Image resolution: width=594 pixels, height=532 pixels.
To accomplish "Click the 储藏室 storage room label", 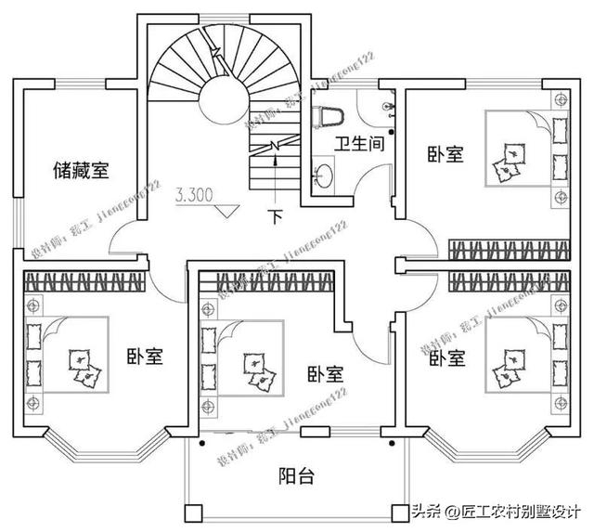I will point(82,170).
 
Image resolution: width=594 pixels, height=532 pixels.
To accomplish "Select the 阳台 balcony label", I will point(297,476).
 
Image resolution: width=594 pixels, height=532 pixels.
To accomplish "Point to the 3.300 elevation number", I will point(194,195).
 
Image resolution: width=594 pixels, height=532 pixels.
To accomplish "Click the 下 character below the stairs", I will point(275,219).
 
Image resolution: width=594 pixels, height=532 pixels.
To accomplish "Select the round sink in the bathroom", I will point(324,174).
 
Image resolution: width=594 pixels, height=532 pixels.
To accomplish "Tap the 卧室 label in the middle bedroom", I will point(325,373).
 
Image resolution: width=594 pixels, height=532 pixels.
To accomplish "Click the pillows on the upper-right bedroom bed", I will point(509,160).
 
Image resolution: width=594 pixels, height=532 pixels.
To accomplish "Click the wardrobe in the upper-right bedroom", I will point(509,249).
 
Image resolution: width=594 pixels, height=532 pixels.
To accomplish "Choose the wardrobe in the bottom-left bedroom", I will point(85,280).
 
